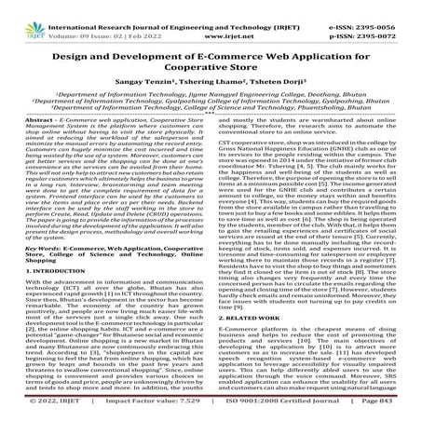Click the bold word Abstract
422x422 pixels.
34,122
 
